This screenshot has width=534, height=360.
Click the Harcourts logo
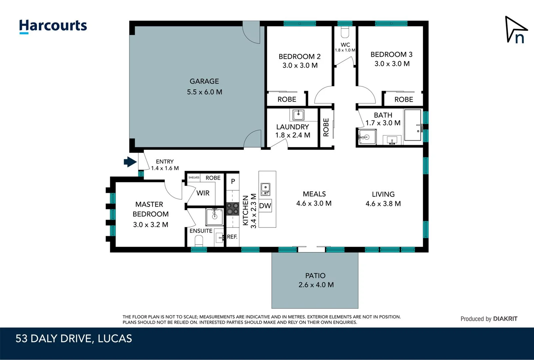point(53,26)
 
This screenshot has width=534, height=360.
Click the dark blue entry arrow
point(130,162)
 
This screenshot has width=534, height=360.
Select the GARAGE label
point(204,81)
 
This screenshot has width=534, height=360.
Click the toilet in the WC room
point(345,32)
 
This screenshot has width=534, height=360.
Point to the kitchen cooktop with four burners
point(233,209)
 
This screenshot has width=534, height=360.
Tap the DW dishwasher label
point(265,206)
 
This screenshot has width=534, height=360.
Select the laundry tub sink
point(298,115)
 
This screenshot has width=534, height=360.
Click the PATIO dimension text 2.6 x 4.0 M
point(316,285)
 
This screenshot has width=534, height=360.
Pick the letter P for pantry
point(233,181)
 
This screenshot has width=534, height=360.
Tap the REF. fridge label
point(232,237)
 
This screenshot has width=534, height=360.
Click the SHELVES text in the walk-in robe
point(194,177)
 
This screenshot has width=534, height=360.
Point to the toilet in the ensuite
point(199,240)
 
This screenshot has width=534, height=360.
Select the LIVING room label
point(383,194)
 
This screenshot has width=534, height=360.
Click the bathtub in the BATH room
point(413,125)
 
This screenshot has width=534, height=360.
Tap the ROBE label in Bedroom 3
point(403,99)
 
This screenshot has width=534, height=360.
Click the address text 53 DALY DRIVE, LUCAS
point(74,339)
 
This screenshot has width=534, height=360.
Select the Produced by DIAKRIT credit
point(489,319)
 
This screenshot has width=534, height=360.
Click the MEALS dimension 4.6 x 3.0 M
point(314,203)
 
